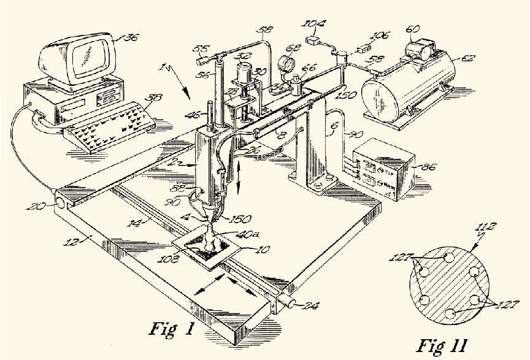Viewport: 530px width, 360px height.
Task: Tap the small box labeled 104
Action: pyautogui.click(x=316, y=43)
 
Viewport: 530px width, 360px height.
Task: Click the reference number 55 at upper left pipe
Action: pyautogui.click(x=199, y=49)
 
